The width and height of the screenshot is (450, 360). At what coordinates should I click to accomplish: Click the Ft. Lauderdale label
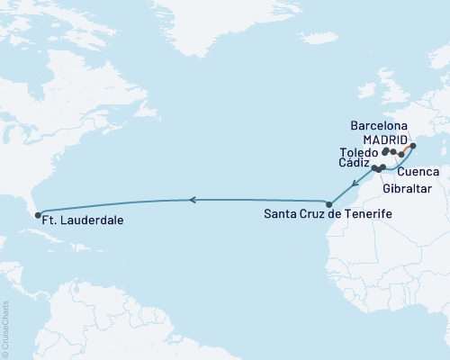click(x=83, y=220)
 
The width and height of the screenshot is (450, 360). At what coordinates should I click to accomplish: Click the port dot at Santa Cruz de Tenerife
click(x=329, y=203)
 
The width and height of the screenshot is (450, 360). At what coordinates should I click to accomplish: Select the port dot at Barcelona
click(x=413, y=146)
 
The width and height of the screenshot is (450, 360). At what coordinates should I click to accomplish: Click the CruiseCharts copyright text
click(x=5, y=328)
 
